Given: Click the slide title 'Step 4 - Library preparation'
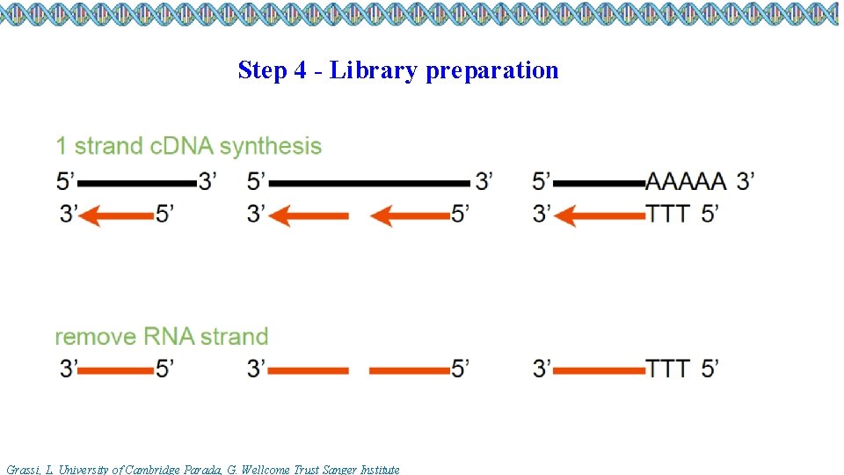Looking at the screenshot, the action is [x=397, y=70].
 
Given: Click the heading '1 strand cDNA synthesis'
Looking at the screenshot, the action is [x=188, y=146].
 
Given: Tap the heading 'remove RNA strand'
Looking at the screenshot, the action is [x=161, y=336].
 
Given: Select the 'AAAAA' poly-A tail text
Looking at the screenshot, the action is [x=686, y=182].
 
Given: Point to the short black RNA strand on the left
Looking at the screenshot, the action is [x=137, y=183].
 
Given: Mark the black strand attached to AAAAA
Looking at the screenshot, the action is [x=600, y=183].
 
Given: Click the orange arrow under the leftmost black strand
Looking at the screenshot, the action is [x=119, y=215].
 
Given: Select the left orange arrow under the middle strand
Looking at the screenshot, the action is [x=308, y=215].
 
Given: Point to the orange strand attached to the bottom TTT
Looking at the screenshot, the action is [x=600, y=369].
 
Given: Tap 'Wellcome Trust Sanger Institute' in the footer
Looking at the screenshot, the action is [x=338, y=470].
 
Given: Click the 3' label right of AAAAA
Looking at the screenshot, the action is [x=746, y=182].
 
